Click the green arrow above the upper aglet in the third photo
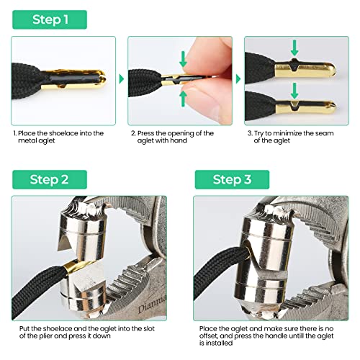click(294, 49)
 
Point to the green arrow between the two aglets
click(294, 89)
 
